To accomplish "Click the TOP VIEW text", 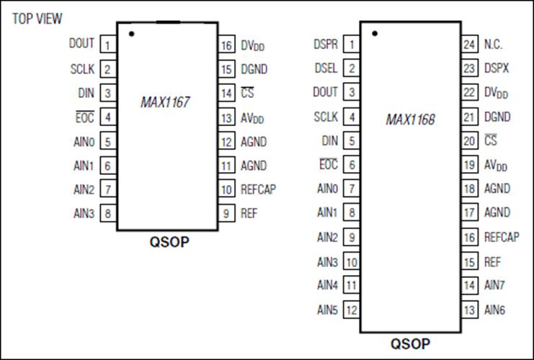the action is (37, 19).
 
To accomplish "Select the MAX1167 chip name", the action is (165, 102).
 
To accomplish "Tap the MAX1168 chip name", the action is (410, 120).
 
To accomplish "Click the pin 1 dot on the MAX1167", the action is (132, 34).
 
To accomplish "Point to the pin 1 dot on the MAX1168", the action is (375, 33).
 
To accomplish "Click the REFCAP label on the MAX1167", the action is (258, 189).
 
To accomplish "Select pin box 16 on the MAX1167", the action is (227, 45).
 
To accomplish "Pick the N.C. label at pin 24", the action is (493, 45).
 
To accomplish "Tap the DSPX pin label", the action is (497, 68).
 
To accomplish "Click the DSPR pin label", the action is (326, 44).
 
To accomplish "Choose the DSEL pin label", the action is (326, 68).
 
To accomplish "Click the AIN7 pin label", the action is (494, 285).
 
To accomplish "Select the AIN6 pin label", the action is (494, 310).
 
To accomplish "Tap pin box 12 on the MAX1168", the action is (352, 310).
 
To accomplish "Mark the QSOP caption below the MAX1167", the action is (169, 242).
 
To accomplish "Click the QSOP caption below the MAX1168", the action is (410, 343).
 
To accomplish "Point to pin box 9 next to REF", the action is (227, 213).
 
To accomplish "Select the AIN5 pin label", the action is (327, 310).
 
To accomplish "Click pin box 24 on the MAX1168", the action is (470, 44).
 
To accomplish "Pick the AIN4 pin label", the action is (327, 285).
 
